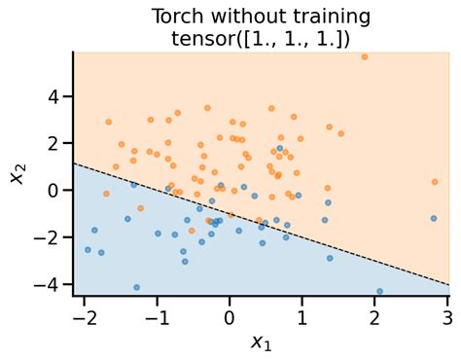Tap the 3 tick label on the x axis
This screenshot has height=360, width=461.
(x=447, y=318)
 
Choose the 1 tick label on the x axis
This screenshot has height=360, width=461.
(x=302, y=318)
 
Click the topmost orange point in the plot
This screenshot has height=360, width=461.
(x=365, y=56)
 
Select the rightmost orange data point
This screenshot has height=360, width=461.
(x=435, y=182)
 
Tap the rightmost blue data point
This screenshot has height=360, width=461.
(x=379, y=291)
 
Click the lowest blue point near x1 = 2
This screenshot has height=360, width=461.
(x=379, y=291)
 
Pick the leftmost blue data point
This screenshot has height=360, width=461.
(x=88, y=250)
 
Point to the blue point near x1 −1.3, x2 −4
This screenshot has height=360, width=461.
(x=136, y=287)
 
